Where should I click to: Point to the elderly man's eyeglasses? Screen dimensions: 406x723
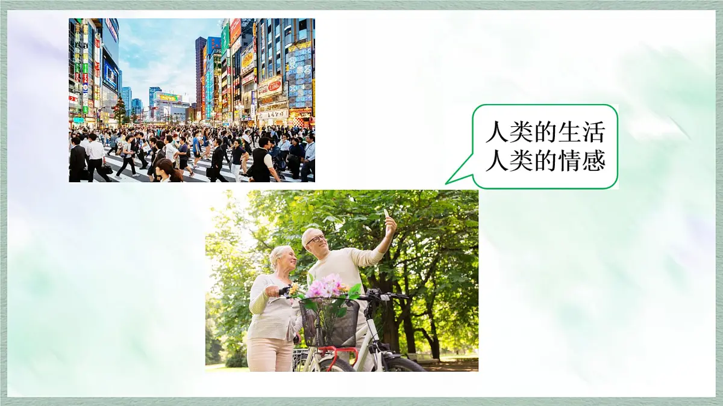tap(316, 239)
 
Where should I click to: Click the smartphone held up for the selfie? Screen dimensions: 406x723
tap(386, 214)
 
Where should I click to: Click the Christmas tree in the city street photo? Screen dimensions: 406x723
tap(119, 110)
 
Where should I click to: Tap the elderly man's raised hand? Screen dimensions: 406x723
tap(390, 226)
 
